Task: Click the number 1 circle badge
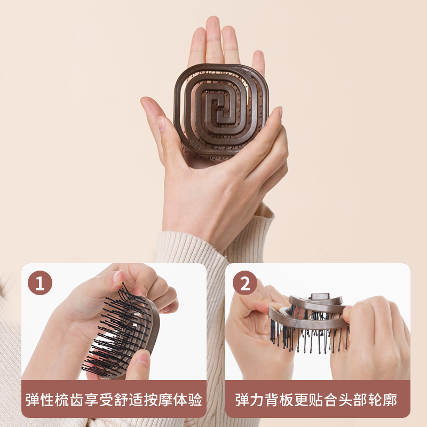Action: pos(39,283)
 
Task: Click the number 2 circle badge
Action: pos(244,283)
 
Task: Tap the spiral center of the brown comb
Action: pos(221,109)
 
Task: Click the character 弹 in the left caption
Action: pos(33,399)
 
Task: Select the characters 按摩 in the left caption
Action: pos(165,399)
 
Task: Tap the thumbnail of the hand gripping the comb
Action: pos(161,123)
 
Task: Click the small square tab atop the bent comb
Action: pos(321,296)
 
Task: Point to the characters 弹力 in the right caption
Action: pos(249,399)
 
